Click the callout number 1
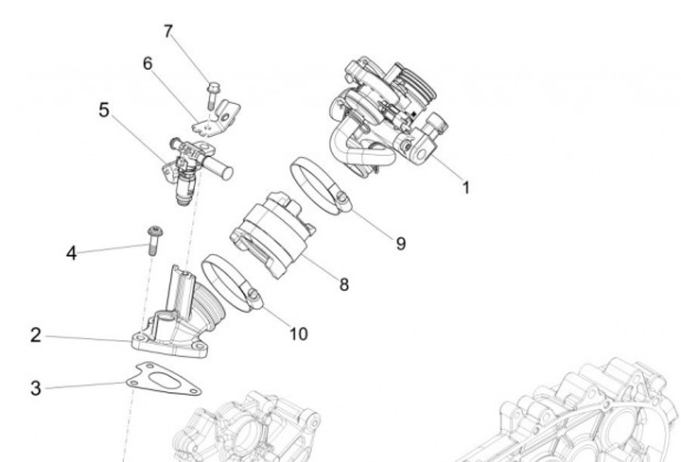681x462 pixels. pos(465,186)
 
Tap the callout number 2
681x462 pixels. pos(35,334)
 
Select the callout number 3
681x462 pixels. pos(35,387)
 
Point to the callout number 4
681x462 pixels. pos(71,252)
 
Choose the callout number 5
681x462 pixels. pos(104,110)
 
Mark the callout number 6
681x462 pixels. pos(148,63)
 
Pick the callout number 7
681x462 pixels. pos(168,31)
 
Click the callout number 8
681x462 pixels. pos(343,283)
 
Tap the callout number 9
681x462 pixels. pos(401,243)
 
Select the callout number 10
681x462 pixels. pos(298,334)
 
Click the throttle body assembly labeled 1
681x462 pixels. pos(388,113)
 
